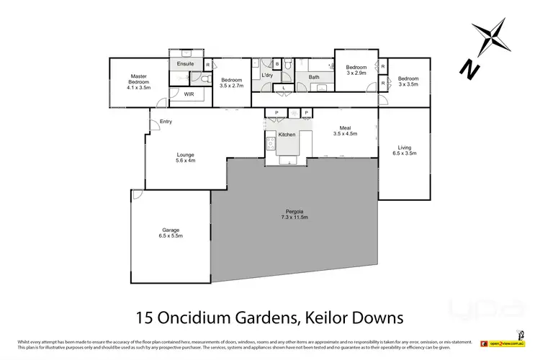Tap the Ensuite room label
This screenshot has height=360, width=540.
185,64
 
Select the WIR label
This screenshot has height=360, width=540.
189,94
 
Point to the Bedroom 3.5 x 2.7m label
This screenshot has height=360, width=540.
232,83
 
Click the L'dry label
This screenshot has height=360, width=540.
266,76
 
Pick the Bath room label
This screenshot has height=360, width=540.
314,76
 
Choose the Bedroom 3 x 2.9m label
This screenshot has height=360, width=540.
356,71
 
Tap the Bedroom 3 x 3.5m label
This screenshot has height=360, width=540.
408,81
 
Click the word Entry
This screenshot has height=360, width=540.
166,121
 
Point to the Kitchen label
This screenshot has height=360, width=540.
287,135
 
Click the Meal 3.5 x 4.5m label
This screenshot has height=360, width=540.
341,130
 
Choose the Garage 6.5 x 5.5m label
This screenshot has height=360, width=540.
171,233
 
